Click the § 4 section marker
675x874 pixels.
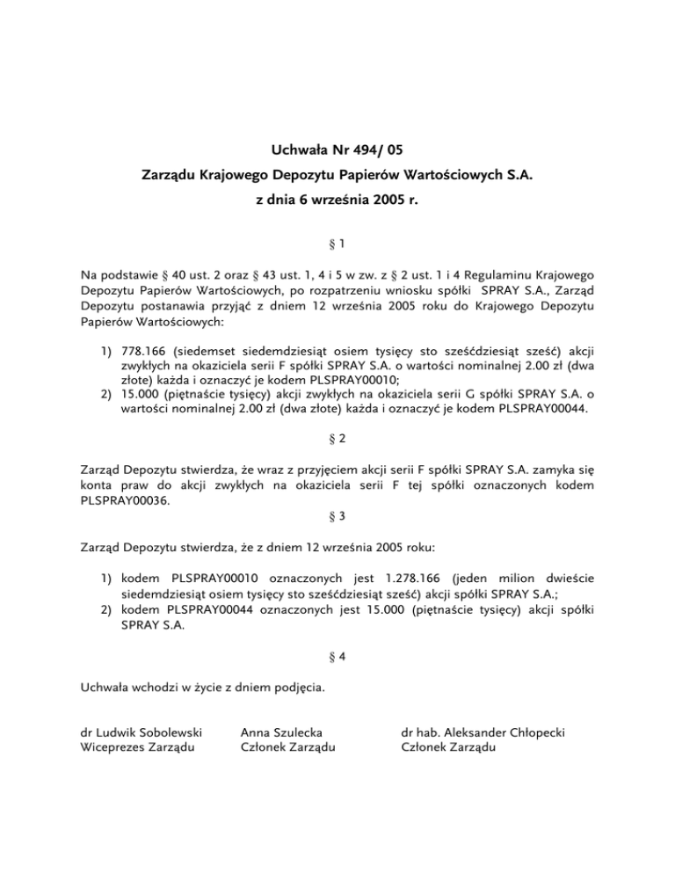point(337,655)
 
